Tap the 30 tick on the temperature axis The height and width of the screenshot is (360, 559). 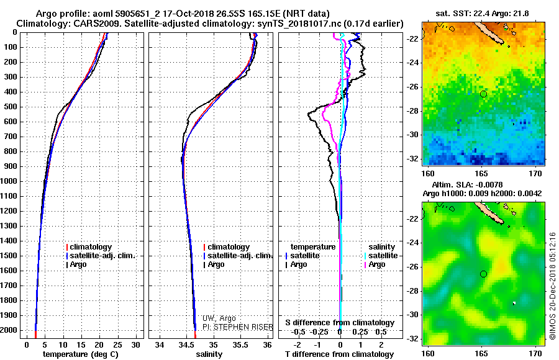click(x=137, y=344)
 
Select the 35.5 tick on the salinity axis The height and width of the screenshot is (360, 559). click(x=240, y=344)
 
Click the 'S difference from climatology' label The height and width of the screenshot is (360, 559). click(x=340, y=323)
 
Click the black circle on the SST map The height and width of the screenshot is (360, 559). click(x=484, y=94)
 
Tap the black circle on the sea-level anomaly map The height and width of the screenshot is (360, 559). click(x=484, y=274)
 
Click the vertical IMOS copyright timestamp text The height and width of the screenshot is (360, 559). click(x=552, y=286)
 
